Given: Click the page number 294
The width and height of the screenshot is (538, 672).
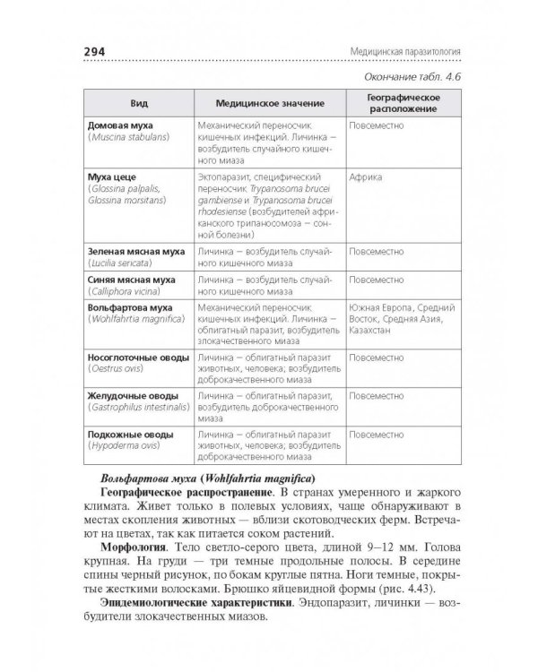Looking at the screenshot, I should pos(92,51).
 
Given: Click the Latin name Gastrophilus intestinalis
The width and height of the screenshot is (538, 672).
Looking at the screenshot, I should pos(138,406).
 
